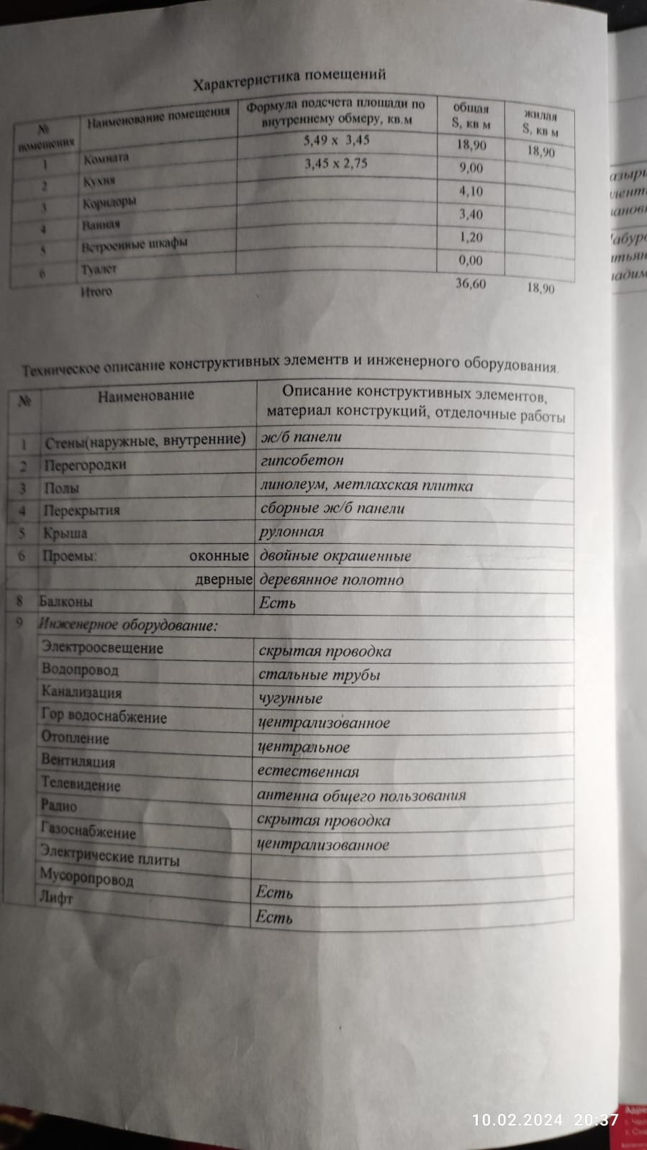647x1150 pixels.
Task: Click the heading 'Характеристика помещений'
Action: (x=289, y=80)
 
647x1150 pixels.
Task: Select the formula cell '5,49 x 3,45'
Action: (x=336, y=140)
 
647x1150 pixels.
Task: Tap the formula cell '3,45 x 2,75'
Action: (x=335, y=164)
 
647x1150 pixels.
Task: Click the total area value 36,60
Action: (x=471, y=283)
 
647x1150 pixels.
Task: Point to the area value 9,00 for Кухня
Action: (x=471, y=168)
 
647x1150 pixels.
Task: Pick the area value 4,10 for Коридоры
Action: (x=471, y=191)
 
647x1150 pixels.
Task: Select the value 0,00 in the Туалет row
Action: (x=471, y=260)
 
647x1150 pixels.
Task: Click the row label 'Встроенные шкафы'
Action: (x=134, y=245)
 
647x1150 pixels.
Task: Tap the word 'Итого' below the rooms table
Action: (x=96, y=292)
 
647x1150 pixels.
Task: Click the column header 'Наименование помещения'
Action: (x=158, y=119)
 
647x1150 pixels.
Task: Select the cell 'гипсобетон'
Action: (x=302, y=460)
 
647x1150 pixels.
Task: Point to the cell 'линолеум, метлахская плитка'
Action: (x=366, y=485)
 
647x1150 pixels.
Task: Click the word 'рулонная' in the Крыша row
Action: (x=291, y=532)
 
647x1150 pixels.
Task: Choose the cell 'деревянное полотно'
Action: (x=331, y=580)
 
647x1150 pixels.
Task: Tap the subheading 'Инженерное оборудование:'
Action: (x=128, y=626)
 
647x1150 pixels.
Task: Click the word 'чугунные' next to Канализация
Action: (x=291, y=698)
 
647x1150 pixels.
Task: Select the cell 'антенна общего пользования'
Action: (x=361, y=796)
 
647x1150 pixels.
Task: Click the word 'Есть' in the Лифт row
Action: (x=274, y=917)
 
